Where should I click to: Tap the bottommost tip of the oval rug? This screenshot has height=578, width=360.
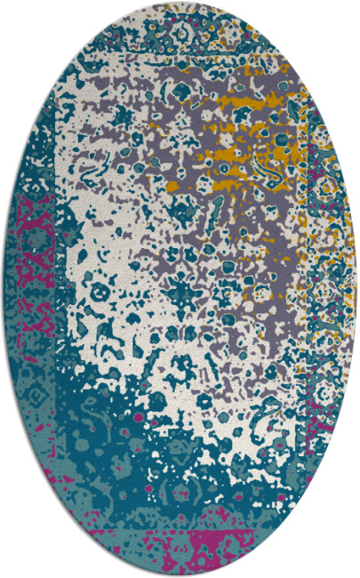point(180,574)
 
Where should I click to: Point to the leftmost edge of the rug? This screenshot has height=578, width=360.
point(3,289)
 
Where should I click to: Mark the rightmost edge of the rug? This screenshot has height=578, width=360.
point(357,289)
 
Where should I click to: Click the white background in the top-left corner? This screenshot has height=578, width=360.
point(13,13)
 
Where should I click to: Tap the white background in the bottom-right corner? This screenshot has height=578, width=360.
point(347,565)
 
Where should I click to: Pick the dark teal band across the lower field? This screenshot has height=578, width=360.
point(160,418)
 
